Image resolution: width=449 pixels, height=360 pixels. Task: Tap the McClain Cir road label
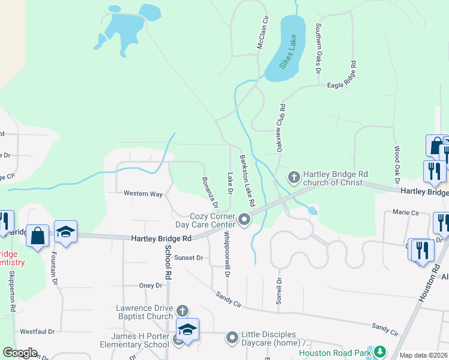click(262, 37)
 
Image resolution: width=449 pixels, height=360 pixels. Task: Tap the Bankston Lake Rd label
click(247, 179)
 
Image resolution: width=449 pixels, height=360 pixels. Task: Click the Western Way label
click(143, 194)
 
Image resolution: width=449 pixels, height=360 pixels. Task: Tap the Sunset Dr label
click(189, 257)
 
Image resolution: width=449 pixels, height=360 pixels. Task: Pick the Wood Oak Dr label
click(397, 164)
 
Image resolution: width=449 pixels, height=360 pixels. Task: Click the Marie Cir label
click(405, 212)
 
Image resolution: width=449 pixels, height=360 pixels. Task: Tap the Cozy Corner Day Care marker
click(244, 220)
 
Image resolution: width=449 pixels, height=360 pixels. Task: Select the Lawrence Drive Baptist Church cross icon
click(182, 311)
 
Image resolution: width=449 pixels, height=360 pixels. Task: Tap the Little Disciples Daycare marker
click(232, 338)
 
